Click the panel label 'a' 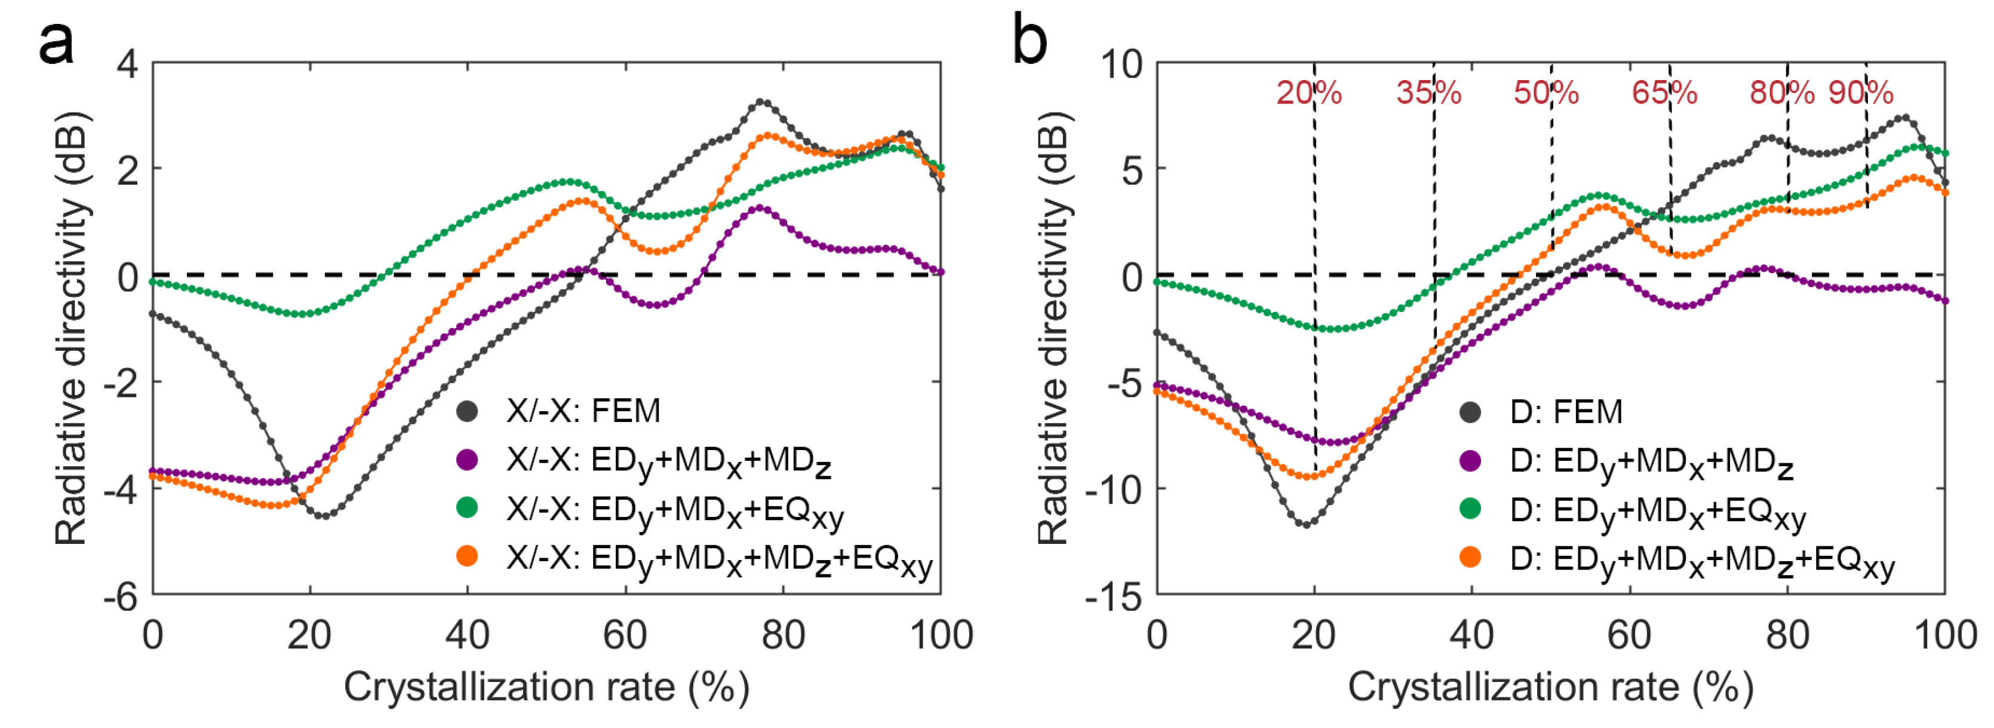click(56, 42)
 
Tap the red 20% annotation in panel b click(1308, 93)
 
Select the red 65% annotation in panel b click(1664, 93)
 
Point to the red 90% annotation click(1861, 93)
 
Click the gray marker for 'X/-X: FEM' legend click(468, 411)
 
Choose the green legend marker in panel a click(468, 508)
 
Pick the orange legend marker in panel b click(1470, 558)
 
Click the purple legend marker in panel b click(1470, 461)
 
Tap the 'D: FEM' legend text click(1566, 412)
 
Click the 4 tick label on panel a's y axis click(127, 63)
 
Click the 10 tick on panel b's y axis click(1122, 63)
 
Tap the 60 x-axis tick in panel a click(625, 635)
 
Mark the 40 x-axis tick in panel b click(1471, 635)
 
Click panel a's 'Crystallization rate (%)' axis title click(546, 687)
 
